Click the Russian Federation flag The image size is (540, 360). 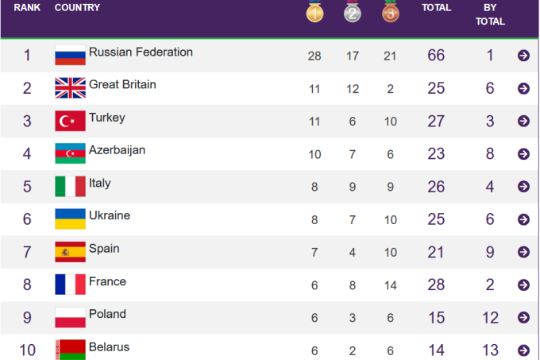(x=70, y=56)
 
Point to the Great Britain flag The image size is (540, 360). (x=70, y=88)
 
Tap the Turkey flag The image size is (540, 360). (x=70, y=121)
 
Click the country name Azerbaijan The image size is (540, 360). (x=117, y=149)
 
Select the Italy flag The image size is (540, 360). (x=70, y=187)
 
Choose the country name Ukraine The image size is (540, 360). (x=110, y=215)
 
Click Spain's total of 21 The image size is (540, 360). (x=436, y=252)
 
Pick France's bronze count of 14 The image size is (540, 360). (x=390, y=285)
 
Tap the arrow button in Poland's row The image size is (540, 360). (x=523, y=318)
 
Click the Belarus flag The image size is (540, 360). (x=70, y=349)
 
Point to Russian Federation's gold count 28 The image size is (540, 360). (x=314, y=56)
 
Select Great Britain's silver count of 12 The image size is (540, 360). (x=353, y=88)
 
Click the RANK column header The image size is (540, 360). (x=27, y=8)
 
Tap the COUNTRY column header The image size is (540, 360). (x=77, y=8)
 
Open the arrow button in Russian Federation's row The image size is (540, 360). (x=523, y=56)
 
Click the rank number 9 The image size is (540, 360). (x=27, y=318)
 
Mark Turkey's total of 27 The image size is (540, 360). (x=436, y=121)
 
